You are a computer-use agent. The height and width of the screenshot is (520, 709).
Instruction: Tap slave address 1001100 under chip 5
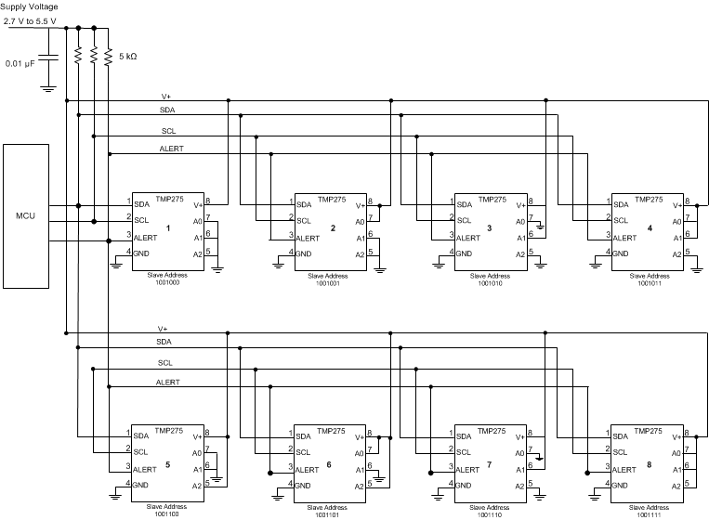pyautogui.click(x=167, y=513)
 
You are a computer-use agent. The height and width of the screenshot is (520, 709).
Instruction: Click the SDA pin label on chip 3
pyautogui.click(x=463, y=203)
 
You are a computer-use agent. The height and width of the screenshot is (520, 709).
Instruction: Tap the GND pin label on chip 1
pyautogui.click(x=142, y=253)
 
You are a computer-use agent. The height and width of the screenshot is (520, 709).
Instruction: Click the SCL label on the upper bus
pyautogui.click(x=168, y=131)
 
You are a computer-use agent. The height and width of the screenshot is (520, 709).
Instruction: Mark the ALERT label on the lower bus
pyautogui.click(x=168, y=382)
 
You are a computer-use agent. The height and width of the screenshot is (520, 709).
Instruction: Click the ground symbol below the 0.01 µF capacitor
pyautogui.click(x=47, y=89)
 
